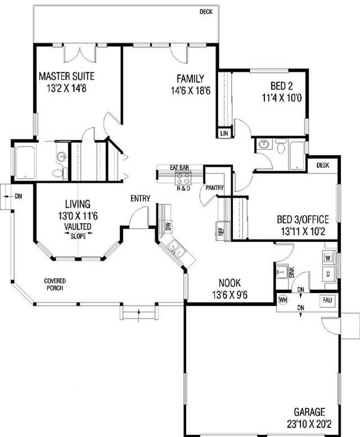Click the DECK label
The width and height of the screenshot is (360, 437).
(x=206, y=12)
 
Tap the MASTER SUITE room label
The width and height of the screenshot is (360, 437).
(x=66, y=76)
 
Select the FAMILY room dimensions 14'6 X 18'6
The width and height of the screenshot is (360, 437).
(x=191, y=90)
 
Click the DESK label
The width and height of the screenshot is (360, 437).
(x=323, y=165)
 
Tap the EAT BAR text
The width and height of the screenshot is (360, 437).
(x=179, y=167)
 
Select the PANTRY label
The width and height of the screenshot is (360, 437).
(x=215, y=188)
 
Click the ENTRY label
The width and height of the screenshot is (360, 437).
(x=140, y=198)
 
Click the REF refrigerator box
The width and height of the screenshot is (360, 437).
(x=221, y=231)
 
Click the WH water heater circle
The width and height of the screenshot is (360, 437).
(x=283, y=300)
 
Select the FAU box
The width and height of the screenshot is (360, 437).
(x=327, y=300)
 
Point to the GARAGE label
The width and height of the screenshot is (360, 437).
(x=309, y=411)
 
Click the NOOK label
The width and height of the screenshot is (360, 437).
(x=229, y=283)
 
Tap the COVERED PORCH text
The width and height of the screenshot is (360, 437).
(x=55, y=284)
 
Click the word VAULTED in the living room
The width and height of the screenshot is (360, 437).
(x=77, y=226)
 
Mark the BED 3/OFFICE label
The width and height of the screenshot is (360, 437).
(x=302, y=220)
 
